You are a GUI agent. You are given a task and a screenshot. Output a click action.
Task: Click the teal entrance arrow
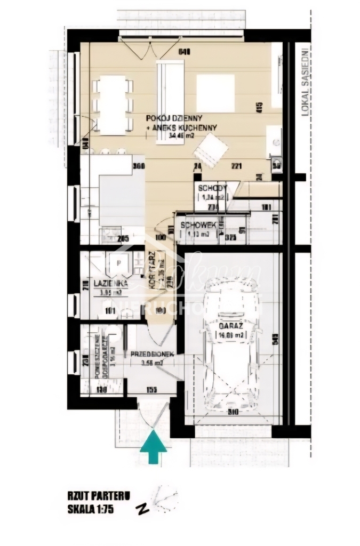pyautogui.click(x=154, y=447)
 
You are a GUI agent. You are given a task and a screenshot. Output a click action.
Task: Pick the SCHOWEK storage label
pyautogui.click(x=198, y=226)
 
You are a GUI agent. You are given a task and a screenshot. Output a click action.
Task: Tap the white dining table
pyautogui.click(x=113, y=104)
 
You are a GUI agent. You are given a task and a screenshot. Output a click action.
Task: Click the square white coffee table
pyautogui.click(x=215, y=93)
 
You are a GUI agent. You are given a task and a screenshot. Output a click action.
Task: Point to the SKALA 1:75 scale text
pyautogui.click(x=91, y=508)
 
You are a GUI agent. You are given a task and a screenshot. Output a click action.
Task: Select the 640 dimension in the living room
pyautogui.click(x=185, y=52)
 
